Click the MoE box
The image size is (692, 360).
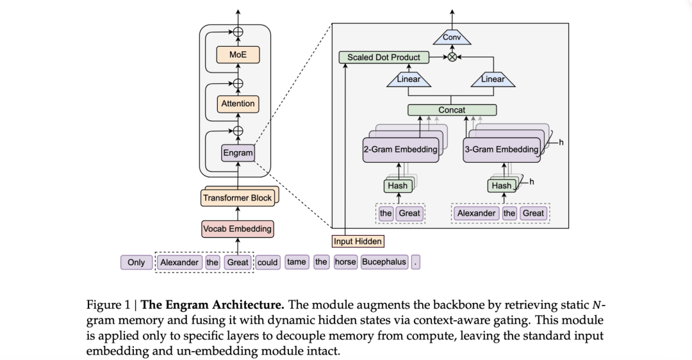pos(238,55)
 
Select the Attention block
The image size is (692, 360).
pos(238,104)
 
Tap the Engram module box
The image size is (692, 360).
pos(238,153)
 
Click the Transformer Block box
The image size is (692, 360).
pos(237,198)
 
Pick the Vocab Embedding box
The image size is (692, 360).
pos(237,229)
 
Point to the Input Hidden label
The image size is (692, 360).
pos(358,241)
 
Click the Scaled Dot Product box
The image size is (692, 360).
pos(383,57)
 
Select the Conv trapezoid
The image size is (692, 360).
pos(452,38)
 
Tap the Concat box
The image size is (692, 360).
pos(452,110)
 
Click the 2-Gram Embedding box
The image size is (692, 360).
pos(401,149)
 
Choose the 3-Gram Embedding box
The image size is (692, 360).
pos(501,149)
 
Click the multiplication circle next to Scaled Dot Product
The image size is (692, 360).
pos(452,57)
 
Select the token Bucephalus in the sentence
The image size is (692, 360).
pos(384,262)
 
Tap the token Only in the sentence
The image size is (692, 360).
pos(136,262)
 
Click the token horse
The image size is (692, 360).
pos(345,262)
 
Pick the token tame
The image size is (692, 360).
pos(296,262)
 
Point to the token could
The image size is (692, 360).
pos(268,262)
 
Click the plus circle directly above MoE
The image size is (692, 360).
pos(238,32)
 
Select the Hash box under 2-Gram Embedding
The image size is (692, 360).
pos(397,186)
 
